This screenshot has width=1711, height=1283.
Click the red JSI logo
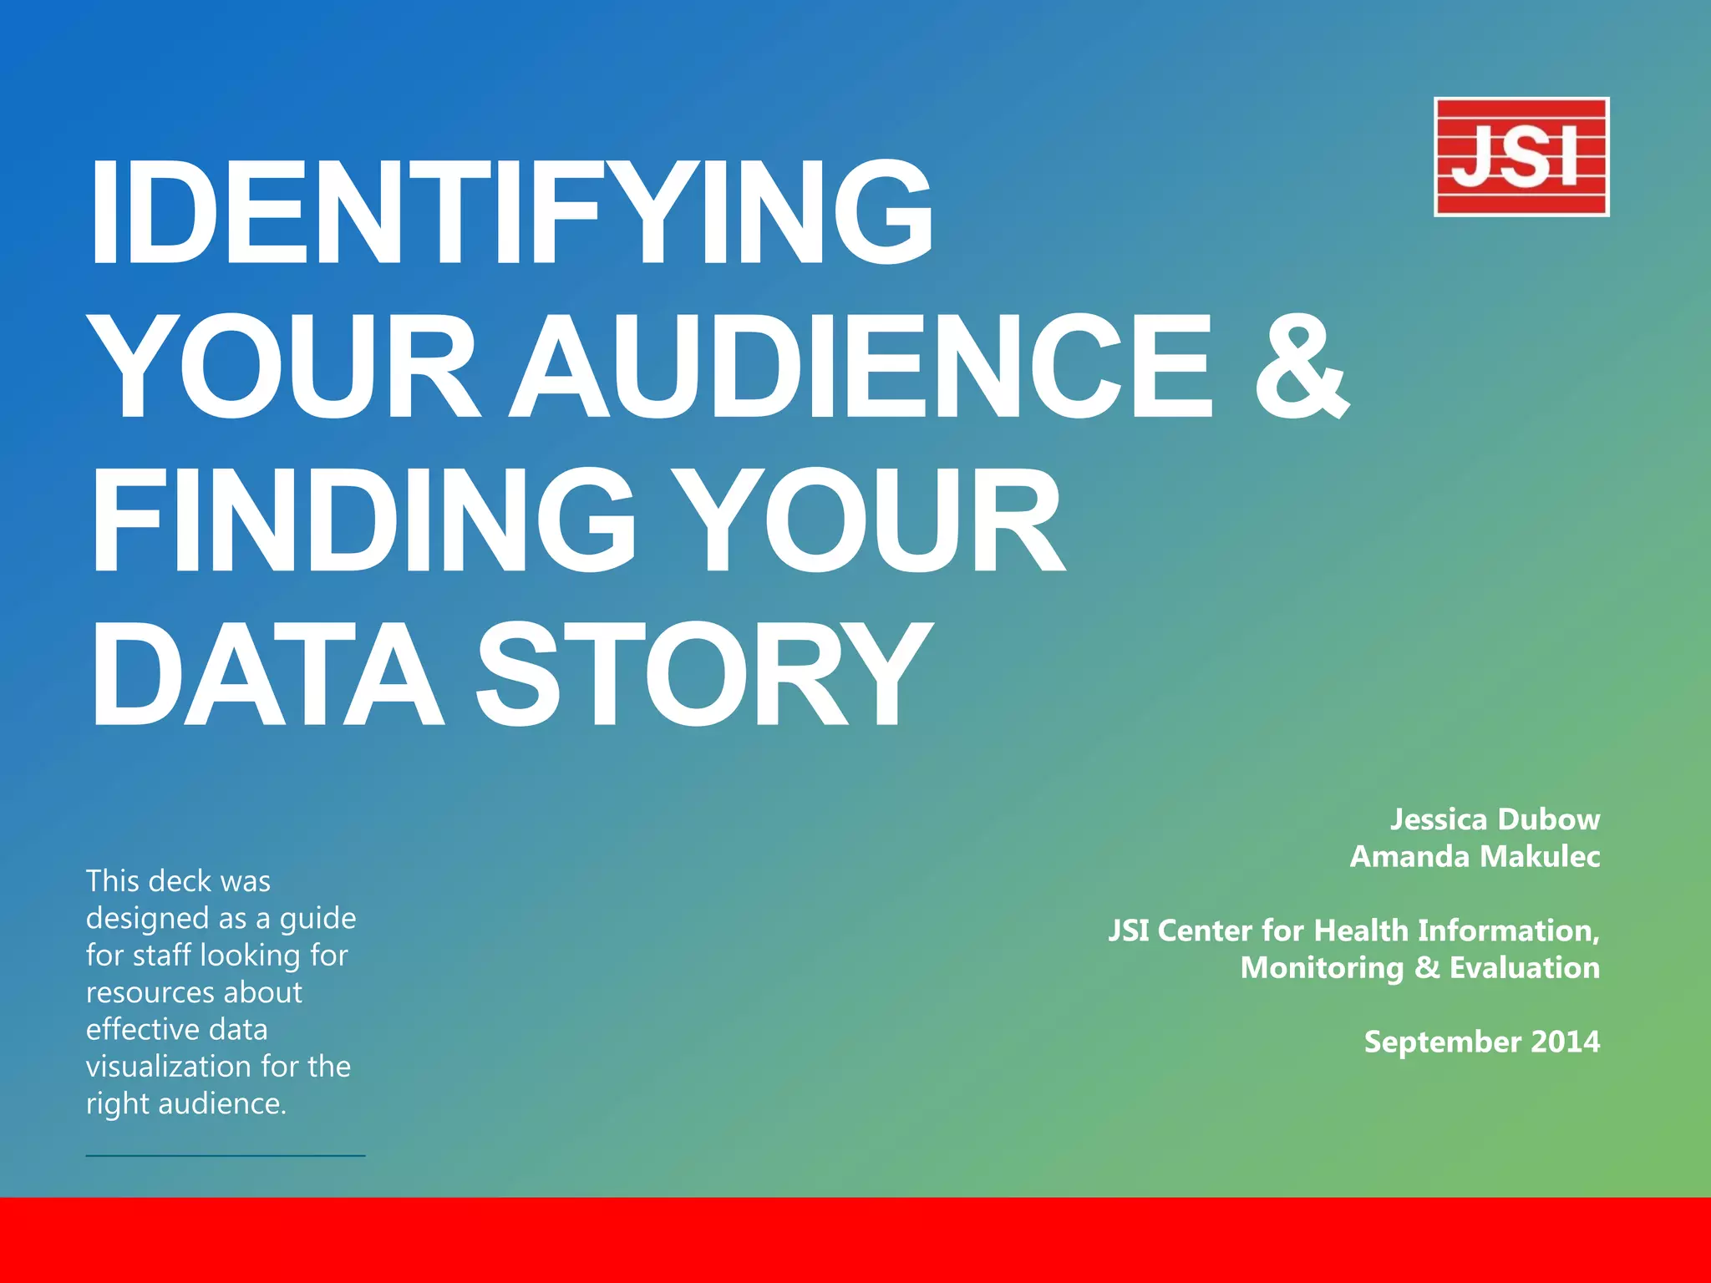coord(1521,157)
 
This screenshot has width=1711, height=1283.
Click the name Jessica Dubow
coord(1495,819)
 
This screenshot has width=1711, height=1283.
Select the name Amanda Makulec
coord(1475,856)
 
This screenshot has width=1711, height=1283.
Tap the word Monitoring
coord(1322,968)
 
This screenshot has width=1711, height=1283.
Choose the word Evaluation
coord(1524,967)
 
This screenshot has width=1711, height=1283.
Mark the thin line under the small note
coord(226,1156)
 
